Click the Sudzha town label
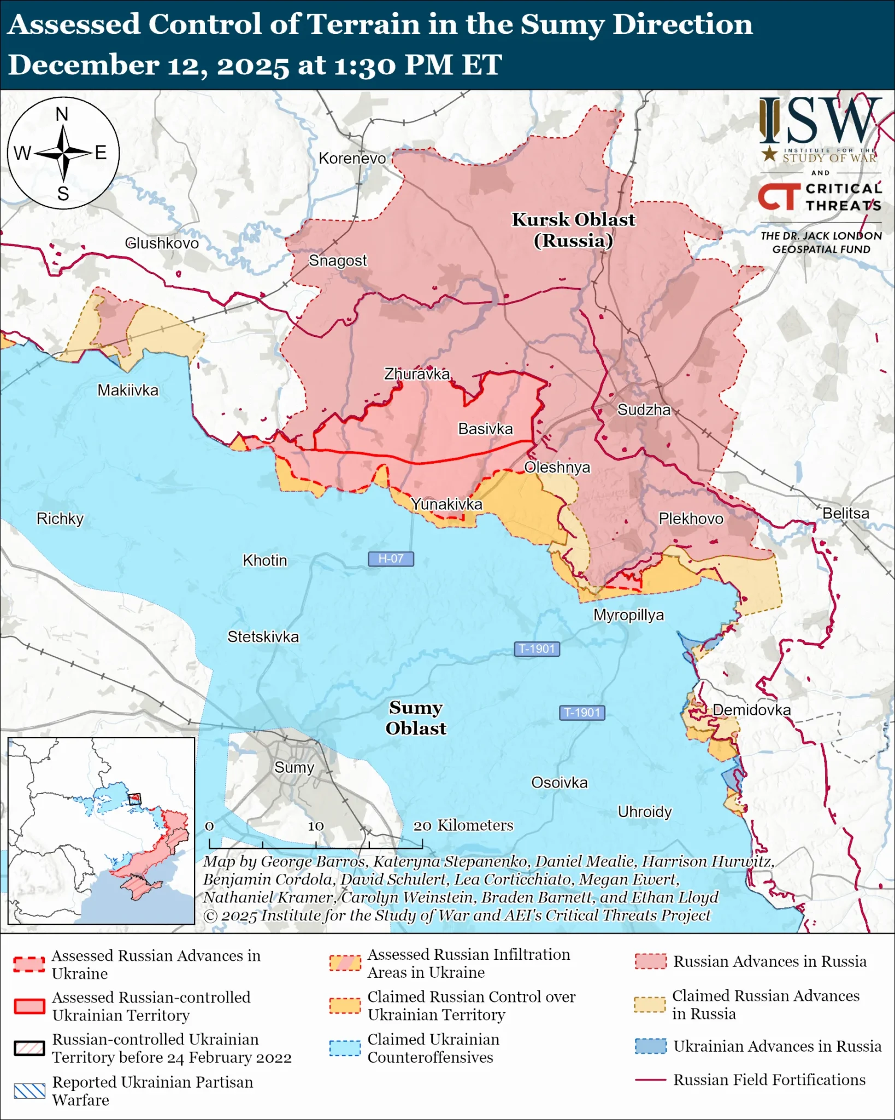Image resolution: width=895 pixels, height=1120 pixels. coord(644,410)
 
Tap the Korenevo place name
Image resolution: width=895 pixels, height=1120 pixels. coord(352,159)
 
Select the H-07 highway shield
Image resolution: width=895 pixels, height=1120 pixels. coord(391,559)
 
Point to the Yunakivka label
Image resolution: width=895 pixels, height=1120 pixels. coord(446,504)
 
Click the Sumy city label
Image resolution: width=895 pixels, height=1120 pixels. coord(294,767)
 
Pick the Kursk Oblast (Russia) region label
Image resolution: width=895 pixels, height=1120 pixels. coord(573,230)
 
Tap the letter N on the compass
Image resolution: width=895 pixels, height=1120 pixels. coord(62,114)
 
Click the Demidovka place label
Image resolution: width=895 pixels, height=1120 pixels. coord(751,710)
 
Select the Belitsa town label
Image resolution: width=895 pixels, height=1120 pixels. coord(846,514)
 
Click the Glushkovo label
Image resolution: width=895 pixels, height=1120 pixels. coord(162,243)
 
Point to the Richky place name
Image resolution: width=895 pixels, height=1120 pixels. coord(60,518)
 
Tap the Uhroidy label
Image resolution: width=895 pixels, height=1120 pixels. coord(644,812)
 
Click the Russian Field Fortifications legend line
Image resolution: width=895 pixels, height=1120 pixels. coord(650,1080)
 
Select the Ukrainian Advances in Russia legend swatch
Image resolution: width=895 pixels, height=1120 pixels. coord(650,1046)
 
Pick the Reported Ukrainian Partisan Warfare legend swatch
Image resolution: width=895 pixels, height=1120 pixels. coord(30,1090)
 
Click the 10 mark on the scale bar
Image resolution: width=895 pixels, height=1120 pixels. coord(316,826)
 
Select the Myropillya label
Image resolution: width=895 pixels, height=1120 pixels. coord(628,615)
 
